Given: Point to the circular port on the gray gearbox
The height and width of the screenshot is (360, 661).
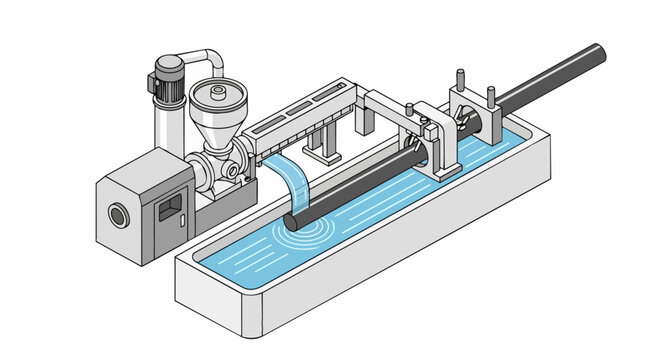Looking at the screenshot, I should (x=119, y=213).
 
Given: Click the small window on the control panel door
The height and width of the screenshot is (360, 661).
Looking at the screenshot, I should (x=171, y=207).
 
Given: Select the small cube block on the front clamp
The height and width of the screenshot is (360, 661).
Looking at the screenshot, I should (x=428, y=130).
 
